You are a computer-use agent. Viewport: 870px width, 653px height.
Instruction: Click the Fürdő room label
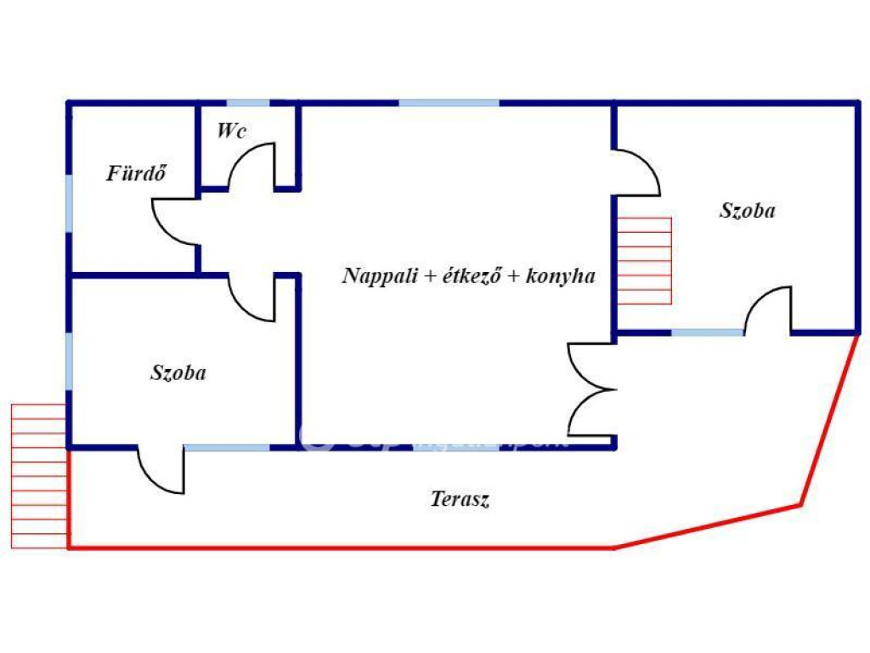pyautogui.click(x=136, y=173)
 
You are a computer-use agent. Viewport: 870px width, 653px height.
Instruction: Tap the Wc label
pyautogui.click(x=232, y=131)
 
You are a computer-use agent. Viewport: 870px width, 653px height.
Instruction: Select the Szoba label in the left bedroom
pyautogui.click(x=178, y=372)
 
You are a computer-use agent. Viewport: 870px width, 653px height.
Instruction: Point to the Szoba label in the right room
pyautogui.click(x=748, y=211)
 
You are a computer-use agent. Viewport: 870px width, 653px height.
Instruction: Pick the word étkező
pyautogui.click(x=466, y=275)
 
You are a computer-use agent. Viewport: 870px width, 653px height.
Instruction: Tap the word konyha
pyautogui.click(x=562, y=275)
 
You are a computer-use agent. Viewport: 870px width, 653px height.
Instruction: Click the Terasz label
pyautogui.click(x=460, y=499)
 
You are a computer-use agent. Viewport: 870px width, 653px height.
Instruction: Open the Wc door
pyautogui.click(x=255, y=167)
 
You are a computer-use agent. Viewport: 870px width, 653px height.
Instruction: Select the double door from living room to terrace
pyautogui.click(x=592, y=389)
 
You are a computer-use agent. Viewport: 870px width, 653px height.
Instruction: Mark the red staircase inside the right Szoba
pyautogui.click(x=644, y=261)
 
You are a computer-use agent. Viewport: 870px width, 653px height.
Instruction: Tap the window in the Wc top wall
pyautogui.click(x=248, y=103)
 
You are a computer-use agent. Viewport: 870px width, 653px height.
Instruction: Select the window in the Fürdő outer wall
pyautogui.click(x=69, y=205)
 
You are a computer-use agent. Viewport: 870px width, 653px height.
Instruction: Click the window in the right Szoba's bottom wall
pyautogui.click(x=707, y=332)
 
